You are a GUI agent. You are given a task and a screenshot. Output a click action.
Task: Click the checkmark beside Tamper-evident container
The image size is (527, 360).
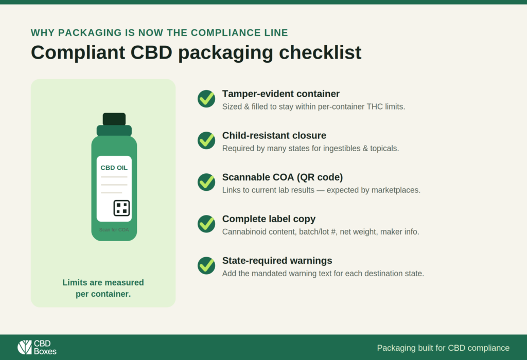pos(206,99)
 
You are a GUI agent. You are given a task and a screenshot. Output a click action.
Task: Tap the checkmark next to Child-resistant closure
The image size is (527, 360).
pos(206,140)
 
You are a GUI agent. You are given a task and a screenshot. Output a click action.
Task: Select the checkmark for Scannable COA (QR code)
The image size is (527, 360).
pos(206,182)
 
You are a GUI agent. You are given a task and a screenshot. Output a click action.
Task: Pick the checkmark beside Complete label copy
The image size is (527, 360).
pos(206,224)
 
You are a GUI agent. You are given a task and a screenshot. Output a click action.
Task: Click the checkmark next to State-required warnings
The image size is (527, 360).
pos(206,266)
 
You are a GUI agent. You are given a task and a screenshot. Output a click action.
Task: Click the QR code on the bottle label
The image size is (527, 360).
pos(121,208)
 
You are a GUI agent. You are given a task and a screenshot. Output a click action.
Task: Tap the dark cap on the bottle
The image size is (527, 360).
pos(114,119)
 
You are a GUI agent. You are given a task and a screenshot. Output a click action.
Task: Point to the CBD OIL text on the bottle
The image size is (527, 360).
pos(114,168)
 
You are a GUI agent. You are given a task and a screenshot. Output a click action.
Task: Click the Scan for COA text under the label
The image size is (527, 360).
pos(114,230)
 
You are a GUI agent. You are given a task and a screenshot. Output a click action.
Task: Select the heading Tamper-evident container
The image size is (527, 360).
pos(281,94)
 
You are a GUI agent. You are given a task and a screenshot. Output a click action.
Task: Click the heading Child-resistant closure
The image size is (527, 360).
pos(274,135)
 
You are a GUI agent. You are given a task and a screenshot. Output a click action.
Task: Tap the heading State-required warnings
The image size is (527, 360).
pos(277,261)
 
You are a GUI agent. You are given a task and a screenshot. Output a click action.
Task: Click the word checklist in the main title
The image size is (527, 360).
pos(320,52)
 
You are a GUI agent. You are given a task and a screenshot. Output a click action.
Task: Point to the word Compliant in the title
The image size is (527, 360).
pos(78,53)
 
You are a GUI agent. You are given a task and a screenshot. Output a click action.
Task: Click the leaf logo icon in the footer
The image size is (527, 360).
pos(25,347)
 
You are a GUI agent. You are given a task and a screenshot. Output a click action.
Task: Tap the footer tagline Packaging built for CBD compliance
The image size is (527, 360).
pos(443,348)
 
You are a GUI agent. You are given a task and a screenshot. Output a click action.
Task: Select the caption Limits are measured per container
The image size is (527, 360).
pos(103,288)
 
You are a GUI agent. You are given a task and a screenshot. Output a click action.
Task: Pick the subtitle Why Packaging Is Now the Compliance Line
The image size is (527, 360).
pos(160,32)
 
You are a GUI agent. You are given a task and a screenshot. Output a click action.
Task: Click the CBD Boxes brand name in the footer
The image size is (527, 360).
pos(45,348)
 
